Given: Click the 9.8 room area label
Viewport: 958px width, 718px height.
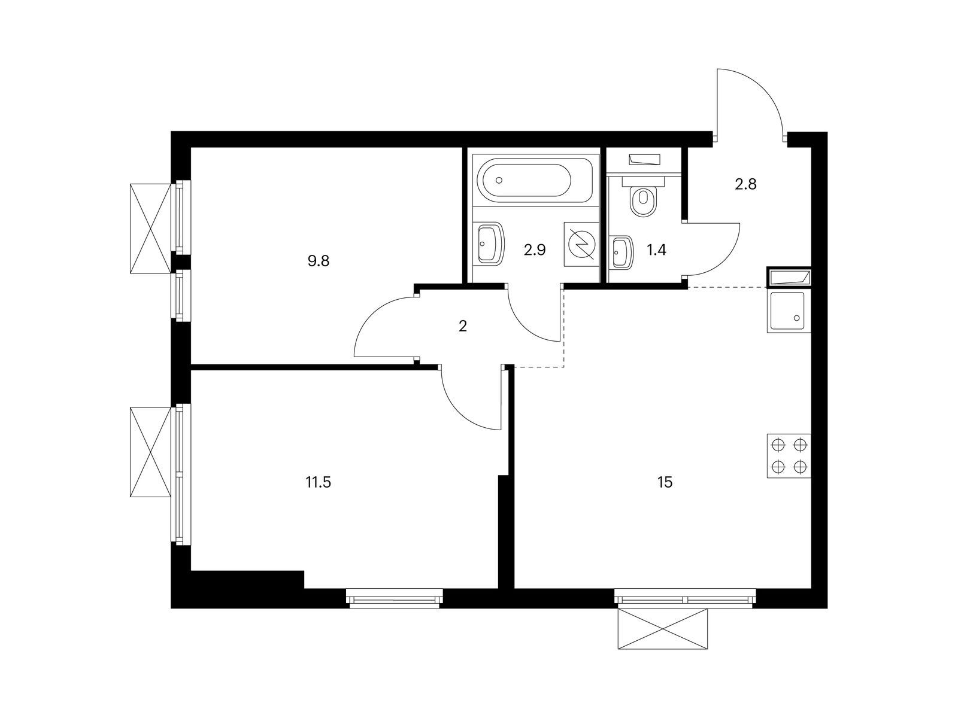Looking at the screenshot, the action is tap(318, 261).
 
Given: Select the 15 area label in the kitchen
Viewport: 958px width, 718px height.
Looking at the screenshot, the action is tap(665, 482).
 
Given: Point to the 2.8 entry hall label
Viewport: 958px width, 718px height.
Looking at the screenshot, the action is tap(745, 184).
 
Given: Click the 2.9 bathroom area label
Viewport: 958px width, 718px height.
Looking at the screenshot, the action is tap(535, 250).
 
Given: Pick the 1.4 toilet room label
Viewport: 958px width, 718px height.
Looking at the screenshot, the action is tap(656, 250).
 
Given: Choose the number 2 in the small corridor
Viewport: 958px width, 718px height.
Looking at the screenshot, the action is tap(463, 325).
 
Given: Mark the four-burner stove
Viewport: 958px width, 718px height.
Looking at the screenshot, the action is tap(789, 455).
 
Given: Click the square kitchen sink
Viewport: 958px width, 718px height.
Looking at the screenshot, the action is tap(789, 311).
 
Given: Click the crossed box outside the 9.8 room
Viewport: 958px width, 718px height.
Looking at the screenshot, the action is tap(150, 229).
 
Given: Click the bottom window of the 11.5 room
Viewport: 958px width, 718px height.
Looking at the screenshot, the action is tap(394, 598).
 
